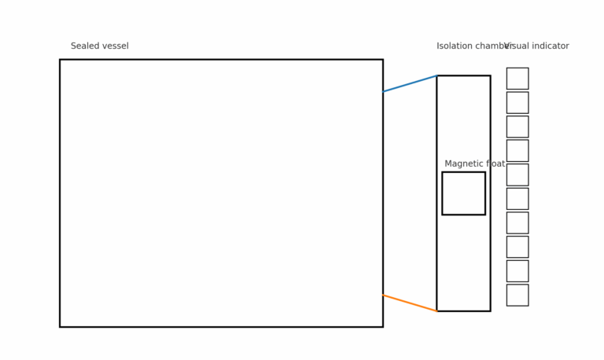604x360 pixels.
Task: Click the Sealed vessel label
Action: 99,46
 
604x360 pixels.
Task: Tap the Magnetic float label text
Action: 475,164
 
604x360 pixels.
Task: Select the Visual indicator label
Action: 537,46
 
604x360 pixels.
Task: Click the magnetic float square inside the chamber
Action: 463,193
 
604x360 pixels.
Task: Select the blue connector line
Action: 410,83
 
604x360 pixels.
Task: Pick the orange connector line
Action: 410,303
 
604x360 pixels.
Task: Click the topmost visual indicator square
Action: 517,79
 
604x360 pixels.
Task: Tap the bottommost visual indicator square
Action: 517,296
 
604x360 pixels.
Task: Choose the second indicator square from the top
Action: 517,103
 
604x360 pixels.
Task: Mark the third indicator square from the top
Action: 517,127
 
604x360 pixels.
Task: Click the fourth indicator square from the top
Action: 517,151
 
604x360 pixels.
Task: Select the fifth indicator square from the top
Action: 517,175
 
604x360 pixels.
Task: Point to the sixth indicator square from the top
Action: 517,199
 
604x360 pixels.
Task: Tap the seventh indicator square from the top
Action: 517,223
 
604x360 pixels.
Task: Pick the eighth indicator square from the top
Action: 517,247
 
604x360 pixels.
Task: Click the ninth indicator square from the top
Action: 517,271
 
